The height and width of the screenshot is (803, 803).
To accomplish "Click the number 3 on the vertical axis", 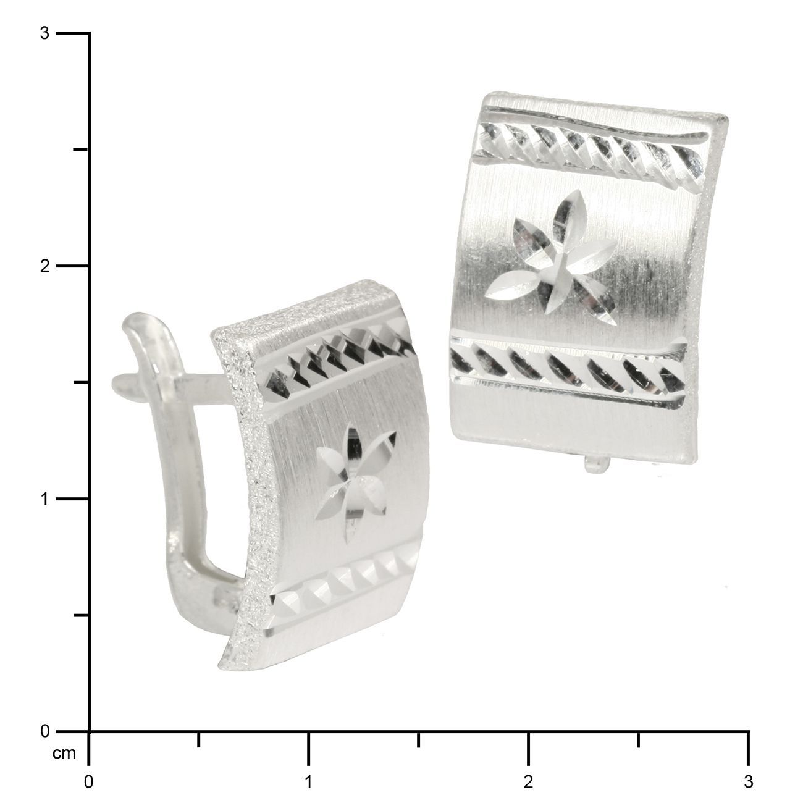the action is (x=45, y=33).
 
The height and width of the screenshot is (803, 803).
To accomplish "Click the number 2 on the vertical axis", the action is (x=45, y=266).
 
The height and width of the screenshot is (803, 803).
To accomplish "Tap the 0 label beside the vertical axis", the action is (x=45, y=731).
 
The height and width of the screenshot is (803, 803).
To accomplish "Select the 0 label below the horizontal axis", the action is (x=88, y=782).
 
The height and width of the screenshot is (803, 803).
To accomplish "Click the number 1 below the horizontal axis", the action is (x=308, y=782).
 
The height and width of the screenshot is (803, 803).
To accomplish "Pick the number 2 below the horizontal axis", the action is (x=528, y=782).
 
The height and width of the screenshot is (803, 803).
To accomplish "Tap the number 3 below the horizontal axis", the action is (x=749, y=782).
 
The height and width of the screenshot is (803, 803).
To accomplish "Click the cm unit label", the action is (x=64, y=754).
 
